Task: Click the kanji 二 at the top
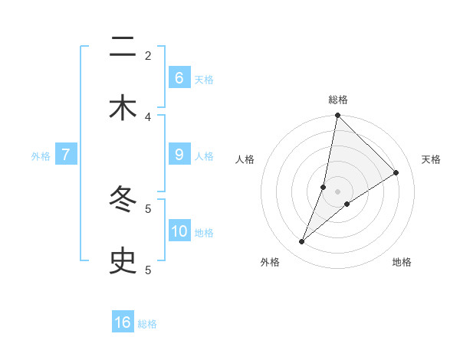tap(123, 48)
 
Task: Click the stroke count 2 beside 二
tap(148, 55)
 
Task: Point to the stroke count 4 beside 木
tap(148, 116)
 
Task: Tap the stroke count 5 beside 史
tap(148, 270)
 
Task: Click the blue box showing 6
tap(179, 77)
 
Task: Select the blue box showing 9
tap(179, 154)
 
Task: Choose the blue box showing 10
tap(179, 231)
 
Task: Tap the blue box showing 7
tap(66, 154)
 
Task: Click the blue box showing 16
tap(123, 322)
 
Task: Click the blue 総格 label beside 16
tap(147, 324)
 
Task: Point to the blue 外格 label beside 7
tap(41, 156)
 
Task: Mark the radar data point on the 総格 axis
tap(337, 116)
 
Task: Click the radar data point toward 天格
tap(396, 172)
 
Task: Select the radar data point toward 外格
tap(302, 242)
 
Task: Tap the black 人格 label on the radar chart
tap(245, 159)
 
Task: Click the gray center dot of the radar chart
tap(337, 191)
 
